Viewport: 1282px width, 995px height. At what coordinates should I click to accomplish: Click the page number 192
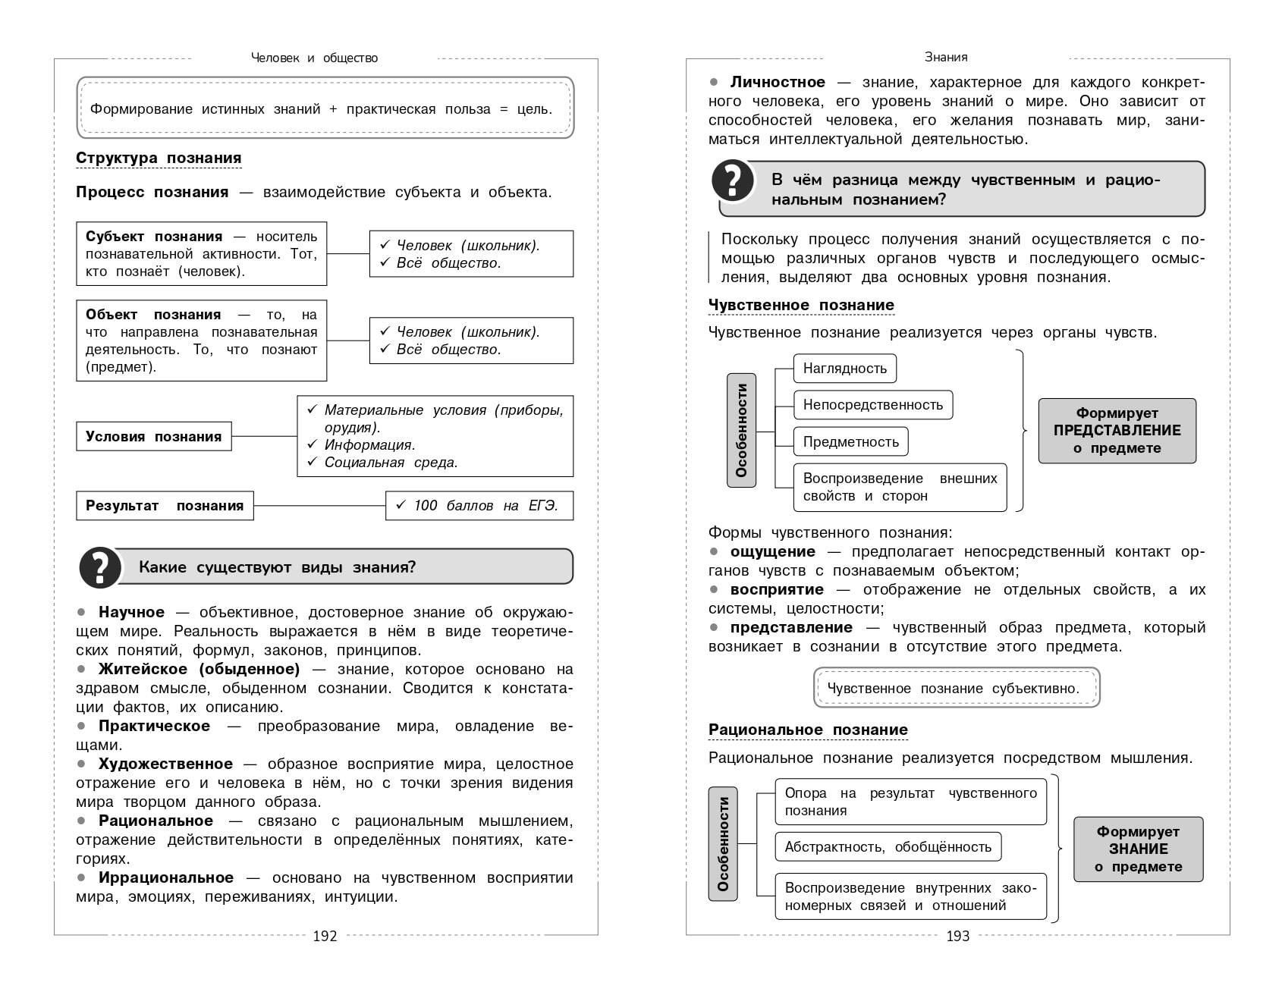click(325, 936)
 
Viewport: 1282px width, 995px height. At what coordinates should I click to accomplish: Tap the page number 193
click(957, 936)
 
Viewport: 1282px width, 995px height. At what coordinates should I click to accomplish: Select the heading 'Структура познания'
click(159, 158)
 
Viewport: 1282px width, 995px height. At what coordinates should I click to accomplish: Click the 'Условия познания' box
click(154, 436)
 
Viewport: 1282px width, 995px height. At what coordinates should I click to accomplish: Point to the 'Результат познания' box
click(165, 506)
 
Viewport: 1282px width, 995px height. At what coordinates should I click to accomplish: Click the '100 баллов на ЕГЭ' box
click(479, 506)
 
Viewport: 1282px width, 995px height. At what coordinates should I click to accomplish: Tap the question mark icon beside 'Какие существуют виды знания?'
click(100, 567)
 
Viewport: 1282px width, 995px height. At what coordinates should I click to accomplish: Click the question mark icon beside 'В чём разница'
click(733, 181)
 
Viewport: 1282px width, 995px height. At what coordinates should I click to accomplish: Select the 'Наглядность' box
click(845, 369)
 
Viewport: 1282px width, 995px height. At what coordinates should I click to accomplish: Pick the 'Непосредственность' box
click(873, 405)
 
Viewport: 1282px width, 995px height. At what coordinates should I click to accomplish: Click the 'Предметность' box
click(850, 441)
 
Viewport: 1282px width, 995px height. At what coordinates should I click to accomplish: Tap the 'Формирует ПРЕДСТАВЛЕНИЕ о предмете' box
click(1117, 431)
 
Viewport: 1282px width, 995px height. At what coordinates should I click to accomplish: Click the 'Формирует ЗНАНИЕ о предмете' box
click(1138, 849)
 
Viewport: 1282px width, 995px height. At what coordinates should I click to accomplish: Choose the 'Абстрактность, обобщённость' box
click(888, 847)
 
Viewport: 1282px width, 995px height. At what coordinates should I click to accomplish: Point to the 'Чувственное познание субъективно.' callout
click(956, 688)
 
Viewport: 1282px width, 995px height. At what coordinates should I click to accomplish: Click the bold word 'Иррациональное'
click(166, 877)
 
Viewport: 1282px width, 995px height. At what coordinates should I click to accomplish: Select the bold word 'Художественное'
click(165, 764)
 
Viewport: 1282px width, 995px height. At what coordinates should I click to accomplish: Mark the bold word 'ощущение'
click(772, 551)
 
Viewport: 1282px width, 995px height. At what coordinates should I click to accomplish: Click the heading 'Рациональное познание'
click(808, 730)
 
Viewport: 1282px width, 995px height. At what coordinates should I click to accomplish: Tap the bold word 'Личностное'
click(778, 82)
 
